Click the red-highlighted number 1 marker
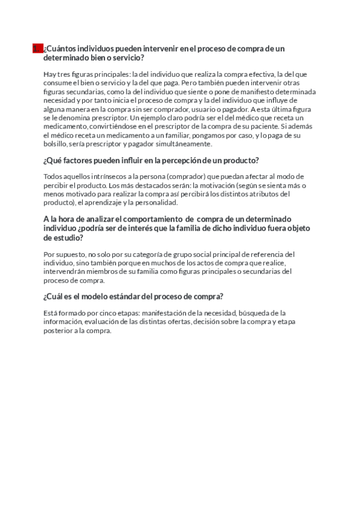[x=37, y=49]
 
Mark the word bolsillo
[x=58, y=145]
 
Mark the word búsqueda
[x=256, y=313]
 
